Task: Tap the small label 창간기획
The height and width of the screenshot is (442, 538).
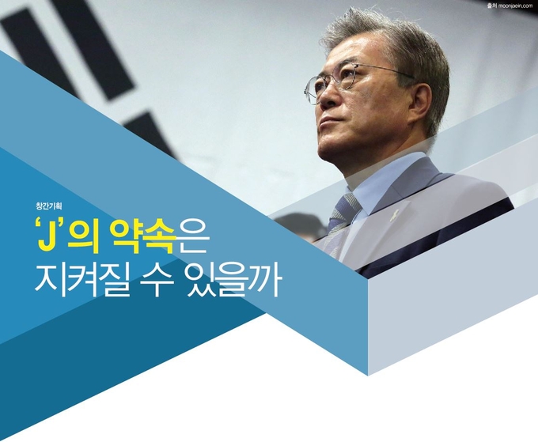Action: pos(48,206)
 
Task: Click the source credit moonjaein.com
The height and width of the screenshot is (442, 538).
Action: pos(513,6)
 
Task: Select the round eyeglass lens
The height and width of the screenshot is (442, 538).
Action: pos(313,90)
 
